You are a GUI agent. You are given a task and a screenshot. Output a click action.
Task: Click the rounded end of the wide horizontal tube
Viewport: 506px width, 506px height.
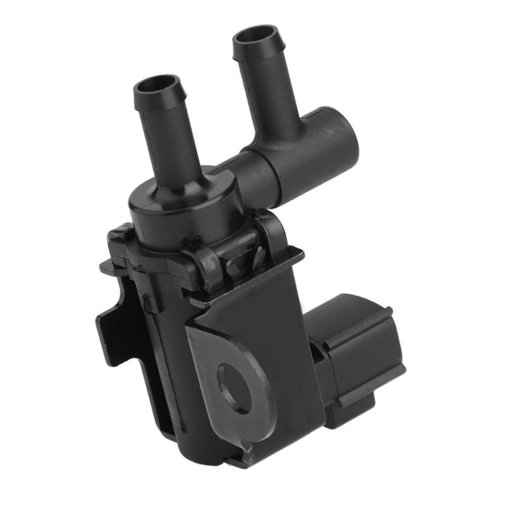342,136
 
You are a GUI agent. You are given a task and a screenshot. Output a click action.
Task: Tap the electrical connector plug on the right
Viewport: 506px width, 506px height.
357,354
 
